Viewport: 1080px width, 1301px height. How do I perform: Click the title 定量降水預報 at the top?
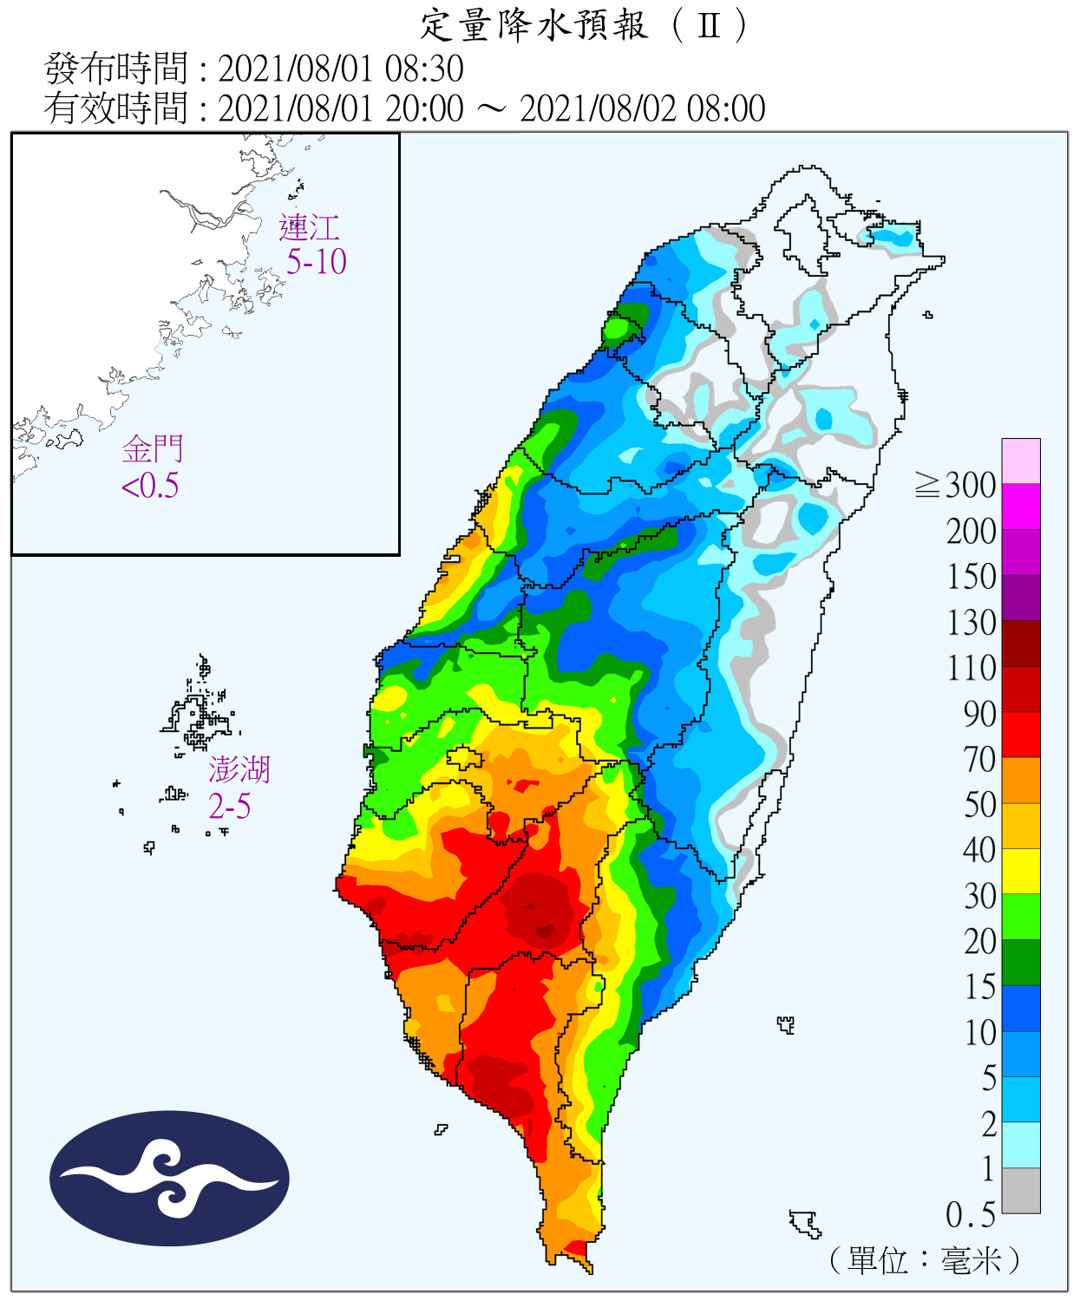tap(533, 25)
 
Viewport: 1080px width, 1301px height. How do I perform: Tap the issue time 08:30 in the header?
tap(424, 69)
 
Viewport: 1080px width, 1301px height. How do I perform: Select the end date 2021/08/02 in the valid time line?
tap(599, 109)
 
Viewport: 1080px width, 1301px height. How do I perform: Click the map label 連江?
tap(309, 228)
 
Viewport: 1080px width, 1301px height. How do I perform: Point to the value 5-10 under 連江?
tap(317, 261)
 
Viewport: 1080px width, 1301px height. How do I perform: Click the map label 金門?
tap(153, 449)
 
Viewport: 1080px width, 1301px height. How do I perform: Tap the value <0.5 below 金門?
tap(150, 486)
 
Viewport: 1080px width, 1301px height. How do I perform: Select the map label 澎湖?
tap(239, 769)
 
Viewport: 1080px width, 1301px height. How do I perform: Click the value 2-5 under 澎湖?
tap(230, 807)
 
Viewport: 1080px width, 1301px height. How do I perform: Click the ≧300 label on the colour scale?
tap(955, 485)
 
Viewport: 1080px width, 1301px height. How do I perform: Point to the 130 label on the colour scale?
tap(971, 623)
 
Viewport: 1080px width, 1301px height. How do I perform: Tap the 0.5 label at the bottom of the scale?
tap(970, 1215)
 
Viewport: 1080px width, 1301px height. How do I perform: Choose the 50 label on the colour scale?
tap(979, 805)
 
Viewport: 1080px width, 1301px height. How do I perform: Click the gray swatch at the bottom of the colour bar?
tap(1021, 1190)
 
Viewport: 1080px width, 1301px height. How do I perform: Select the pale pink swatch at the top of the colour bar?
tap(1021, 461)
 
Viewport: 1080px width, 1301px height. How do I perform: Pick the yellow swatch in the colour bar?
tap(1021, 871)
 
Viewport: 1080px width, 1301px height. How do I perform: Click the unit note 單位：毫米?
tap(925, 1260)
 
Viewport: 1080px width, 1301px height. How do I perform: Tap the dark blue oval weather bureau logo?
tap(169, 1179)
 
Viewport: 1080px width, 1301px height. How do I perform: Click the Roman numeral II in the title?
tap(709, 25)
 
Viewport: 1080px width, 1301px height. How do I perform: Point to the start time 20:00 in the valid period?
tap(424, 109)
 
